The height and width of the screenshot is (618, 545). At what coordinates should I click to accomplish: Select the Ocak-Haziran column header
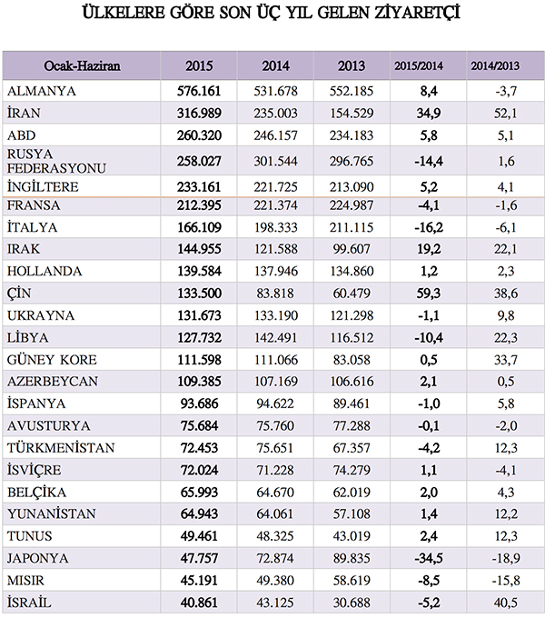pyautogui.click(x=82, y=65)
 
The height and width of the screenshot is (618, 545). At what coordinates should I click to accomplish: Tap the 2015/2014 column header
pyautogui.click(x=419, y=65)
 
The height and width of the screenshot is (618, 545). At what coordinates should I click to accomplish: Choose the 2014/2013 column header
pyautogui.click(x=495, y=65)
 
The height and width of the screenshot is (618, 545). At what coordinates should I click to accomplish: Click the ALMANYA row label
pyautogui.click(x=42, y=91)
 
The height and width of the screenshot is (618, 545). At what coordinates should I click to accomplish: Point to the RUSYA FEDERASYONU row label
pyautogui.click(x=56, y=161)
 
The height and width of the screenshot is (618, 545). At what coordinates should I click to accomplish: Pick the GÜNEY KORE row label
pyautogui.click(x=52, y=360)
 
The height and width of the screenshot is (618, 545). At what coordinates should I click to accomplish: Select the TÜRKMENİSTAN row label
pyautogui.click(x=61, y=448)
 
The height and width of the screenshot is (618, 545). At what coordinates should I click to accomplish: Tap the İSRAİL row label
pyautogui.click(x=29, y=603)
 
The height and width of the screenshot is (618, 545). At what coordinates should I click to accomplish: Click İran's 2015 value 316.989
pyautogui.click(x=199, y=113)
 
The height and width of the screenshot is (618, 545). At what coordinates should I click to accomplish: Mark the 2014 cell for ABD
pyautogui.click(x=275, y=135)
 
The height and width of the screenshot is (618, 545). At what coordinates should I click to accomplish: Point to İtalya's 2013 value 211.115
pyautogui.click(x=352, y=227)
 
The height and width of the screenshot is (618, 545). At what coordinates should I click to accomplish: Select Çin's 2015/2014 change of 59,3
pyautogui.click(x=429, y=294)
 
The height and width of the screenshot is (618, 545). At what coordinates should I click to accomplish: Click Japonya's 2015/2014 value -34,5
pyautogui.click(x=429, y=558)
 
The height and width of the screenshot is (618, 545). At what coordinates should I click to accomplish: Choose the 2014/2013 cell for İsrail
pyautogui.click(x=506, y=603)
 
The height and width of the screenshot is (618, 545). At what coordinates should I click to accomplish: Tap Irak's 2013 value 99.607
pyautogui.click(x=352, y=249)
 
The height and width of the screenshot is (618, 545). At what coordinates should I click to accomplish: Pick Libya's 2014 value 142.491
pyautogui.click(x=275, y=337)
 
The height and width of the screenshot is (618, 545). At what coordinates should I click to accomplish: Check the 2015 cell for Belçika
pyautogui.click(x=199, y=492)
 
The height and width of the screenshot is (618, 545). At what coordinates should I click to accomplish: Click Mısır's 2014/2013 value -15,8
pyautogui.click(x=506, y=580)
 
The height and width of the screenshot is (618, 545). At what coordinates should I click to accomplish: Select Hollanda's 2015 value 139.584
pyautogui.click(x=199, y=271)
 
